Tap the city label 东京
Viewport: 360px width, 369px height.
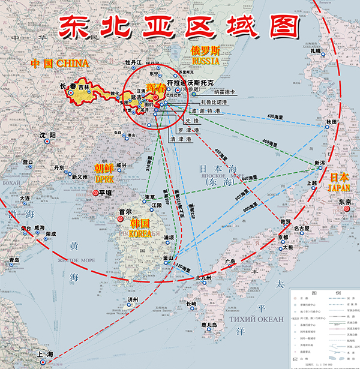point(345,202)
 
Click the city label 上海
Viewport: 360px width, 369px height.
point(44,354)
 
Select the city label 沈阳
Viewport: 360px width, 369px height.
point(47,136)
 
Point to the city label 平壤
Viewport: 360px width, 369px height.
point(106,193)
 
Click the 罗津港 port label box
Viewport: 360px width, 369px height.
point(184,130)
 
